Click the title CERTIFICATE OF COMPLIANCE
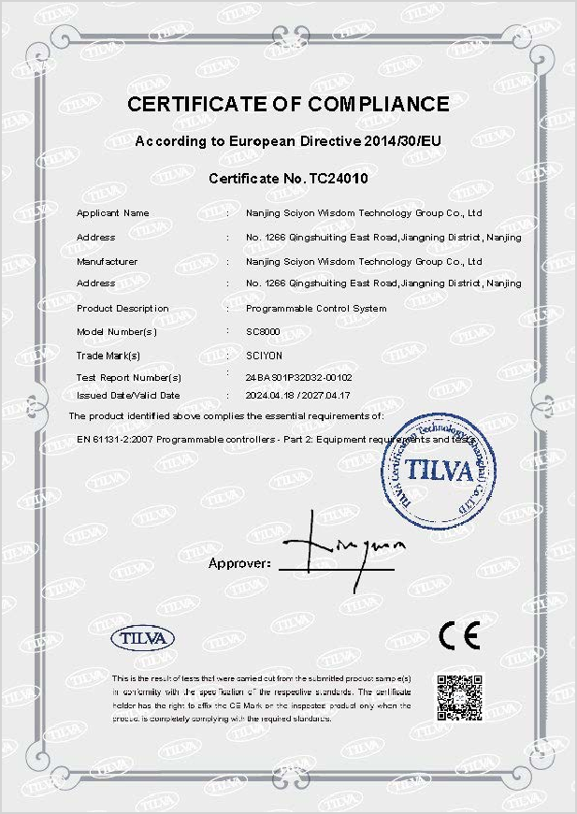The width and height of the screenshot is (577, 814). click(288, 104)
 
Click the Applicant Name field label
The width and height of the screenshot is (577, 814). click(112, 213)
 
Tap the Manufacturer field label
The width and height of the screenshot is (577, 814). click(107, 262)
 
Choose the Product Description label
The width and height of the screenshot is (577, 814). click(123, 309)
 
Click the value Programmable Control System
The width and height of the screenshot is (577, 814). click(315, 309)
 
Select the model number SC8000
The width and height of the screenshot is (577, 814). click(263, 332)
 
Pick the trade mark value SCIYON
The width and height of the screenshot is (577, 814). click(264, 356)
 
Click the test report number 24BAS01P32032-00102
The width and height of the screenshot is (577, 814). click(298, 378)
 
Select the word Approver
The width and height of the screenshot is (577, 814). click(238, 564)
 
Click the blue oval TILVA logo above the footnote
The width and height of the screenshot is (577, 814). click(143, 638)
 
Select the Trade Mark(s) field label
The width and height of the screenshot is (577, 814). click(108, 356)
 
